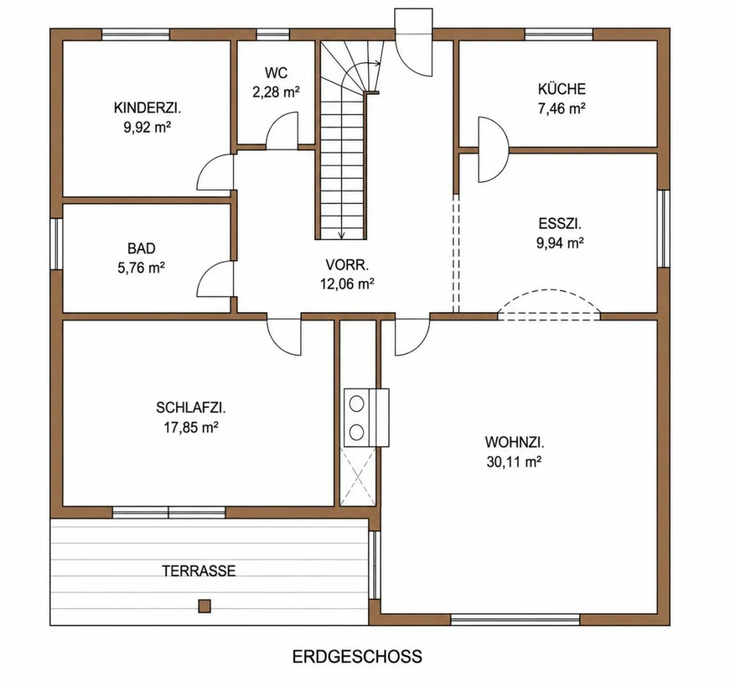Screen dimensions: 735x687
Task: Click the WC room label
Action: click(x=276, y=73)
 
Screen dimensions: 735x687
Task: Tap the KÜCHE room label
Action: click(x=562, y=89)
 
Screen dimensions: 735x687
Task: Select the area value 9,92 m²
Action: click(x=147, y=127)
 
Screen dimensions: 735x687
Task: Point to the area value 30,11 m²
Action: click(x=514, y=462)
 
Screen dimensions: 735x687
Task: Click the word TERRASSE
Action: click(x=199, y=571)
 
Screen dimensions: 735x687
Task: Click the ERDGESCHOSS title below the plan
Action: click(x=357, y=657)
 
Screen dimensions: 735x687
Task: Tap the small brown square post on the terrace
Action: click(x=204, y=606)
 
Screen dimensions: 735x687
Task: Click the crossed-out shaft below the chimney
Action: click(x=358, y=477)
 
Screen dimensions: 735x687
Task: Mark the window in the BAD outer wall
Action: click(x=56, y=244)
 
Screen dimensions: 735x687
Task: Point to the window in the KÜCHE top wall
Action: click(x=559, y=34)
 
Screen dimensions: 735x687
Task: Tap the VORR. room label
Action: click(x=347, y=265)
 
